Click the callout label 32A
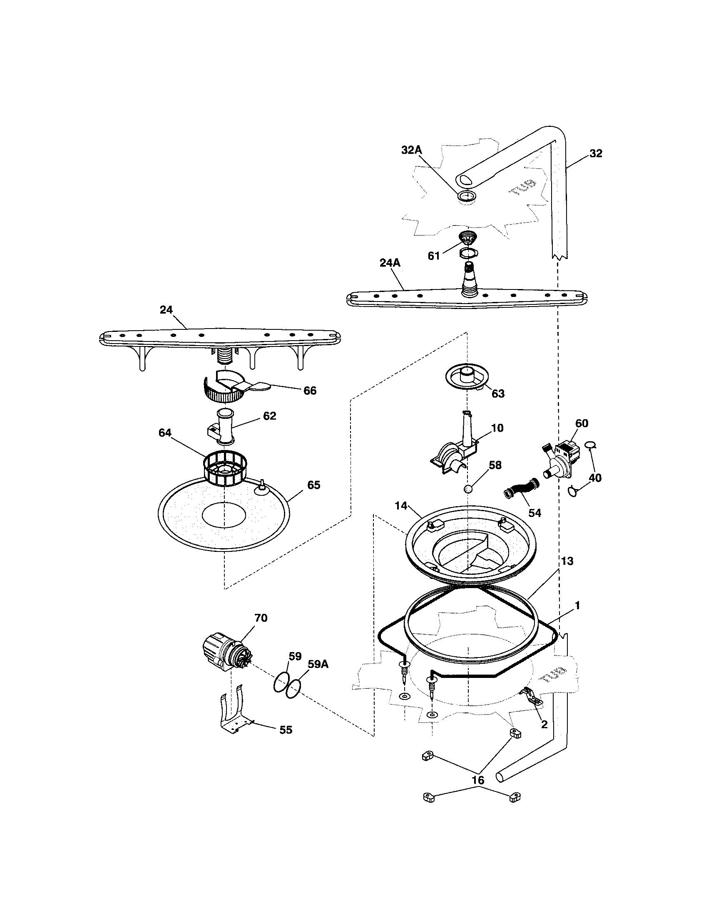tap(411, 151)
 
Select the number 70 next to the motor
tap(261, 618)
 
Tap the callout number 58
tap(495, 465)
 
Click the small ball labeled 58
tap(468, 489)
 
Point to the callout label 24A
tap(390, 263)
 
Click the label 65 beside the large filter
tap(313, 485)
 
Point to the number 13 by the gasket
tap(567, 561)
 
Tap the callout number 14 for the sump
tap(401, 506)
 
